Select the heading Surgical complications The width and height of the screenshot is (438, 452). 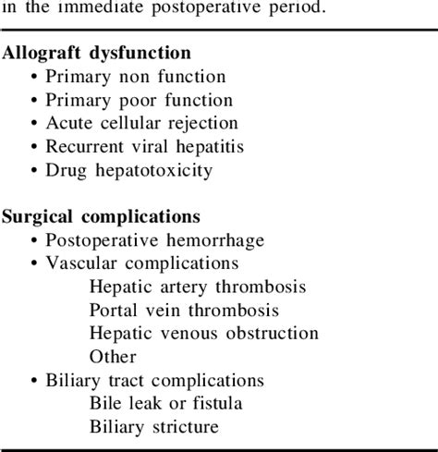102,216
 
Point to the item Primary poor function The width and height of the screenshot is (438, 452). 139,100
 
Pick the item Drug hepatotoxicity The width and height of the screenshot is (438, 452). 135,169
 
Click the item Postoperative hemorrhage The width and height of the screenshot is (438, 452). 154,240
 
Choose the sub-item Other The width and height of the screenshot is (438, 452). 113,356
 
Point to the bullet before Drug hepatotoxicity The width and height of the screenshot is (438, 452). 34,169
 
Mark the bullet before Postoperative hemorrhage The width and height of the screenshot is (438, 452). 34,240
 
